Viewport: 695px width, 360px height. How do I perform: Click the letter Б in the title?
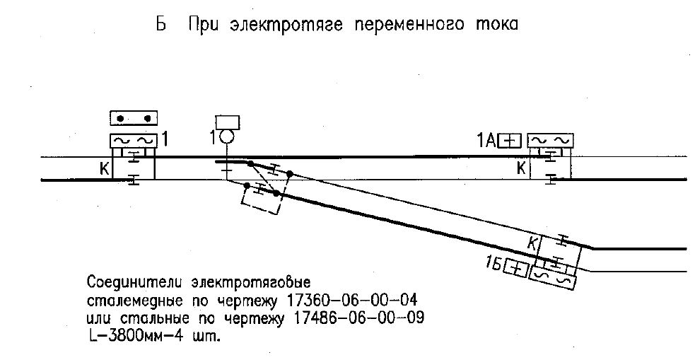[x=161, y=23]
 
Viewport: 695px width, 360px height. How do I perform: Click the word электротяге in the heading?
[x=287, y=25]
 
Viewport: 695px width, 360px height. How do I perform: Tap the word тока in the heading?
[x=496, y=25]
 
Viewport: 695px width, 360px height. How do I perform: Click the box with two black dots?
[x=134, y=118]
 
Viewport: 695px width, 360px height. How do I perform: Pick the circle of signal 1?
[x=226, y=137]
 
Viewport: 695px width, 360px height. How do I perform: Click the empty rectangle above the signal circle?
[x=228, y=122]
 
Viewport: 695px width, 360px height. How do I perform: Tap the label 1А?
[x=486, y=141]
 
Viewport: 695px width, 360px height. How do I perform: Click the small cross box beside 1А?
[x=510, y=141]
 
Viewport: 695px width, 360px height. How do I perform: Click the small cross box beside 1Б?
[x=516, y=269]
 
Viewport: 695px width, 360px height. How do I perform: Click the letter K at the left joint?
[x=104, y=169]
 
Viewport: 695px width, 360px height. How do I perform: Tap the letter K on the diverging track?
[x=532, y=243]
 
